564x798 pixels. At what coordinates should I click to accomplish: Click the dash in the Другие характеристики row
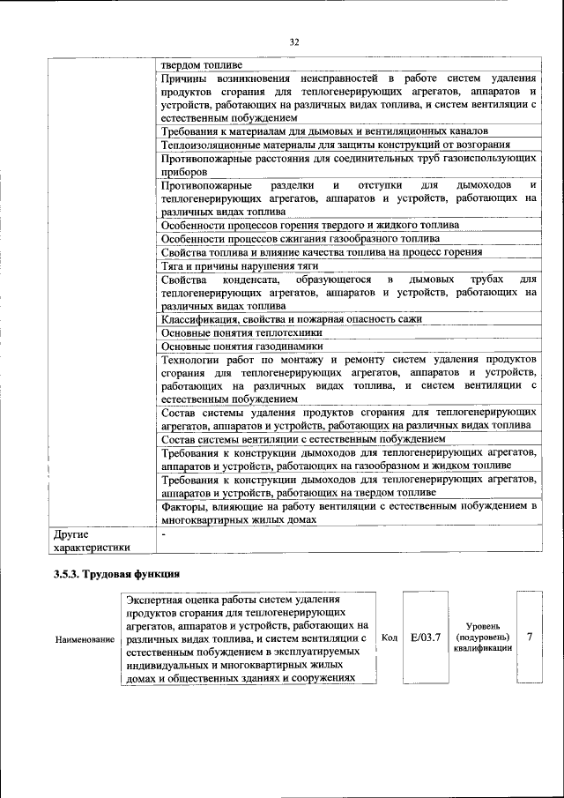(x=164, y=534)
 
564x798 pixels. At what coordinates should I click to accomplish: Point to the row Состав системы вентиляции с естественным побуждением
(x=304, y=438)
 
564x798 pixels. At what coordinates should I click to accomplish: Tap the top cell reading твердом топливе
(x=208, y=64)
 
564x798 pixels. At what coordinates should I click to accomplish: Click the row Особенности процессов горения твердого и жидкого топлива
(x=310, y=225)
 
